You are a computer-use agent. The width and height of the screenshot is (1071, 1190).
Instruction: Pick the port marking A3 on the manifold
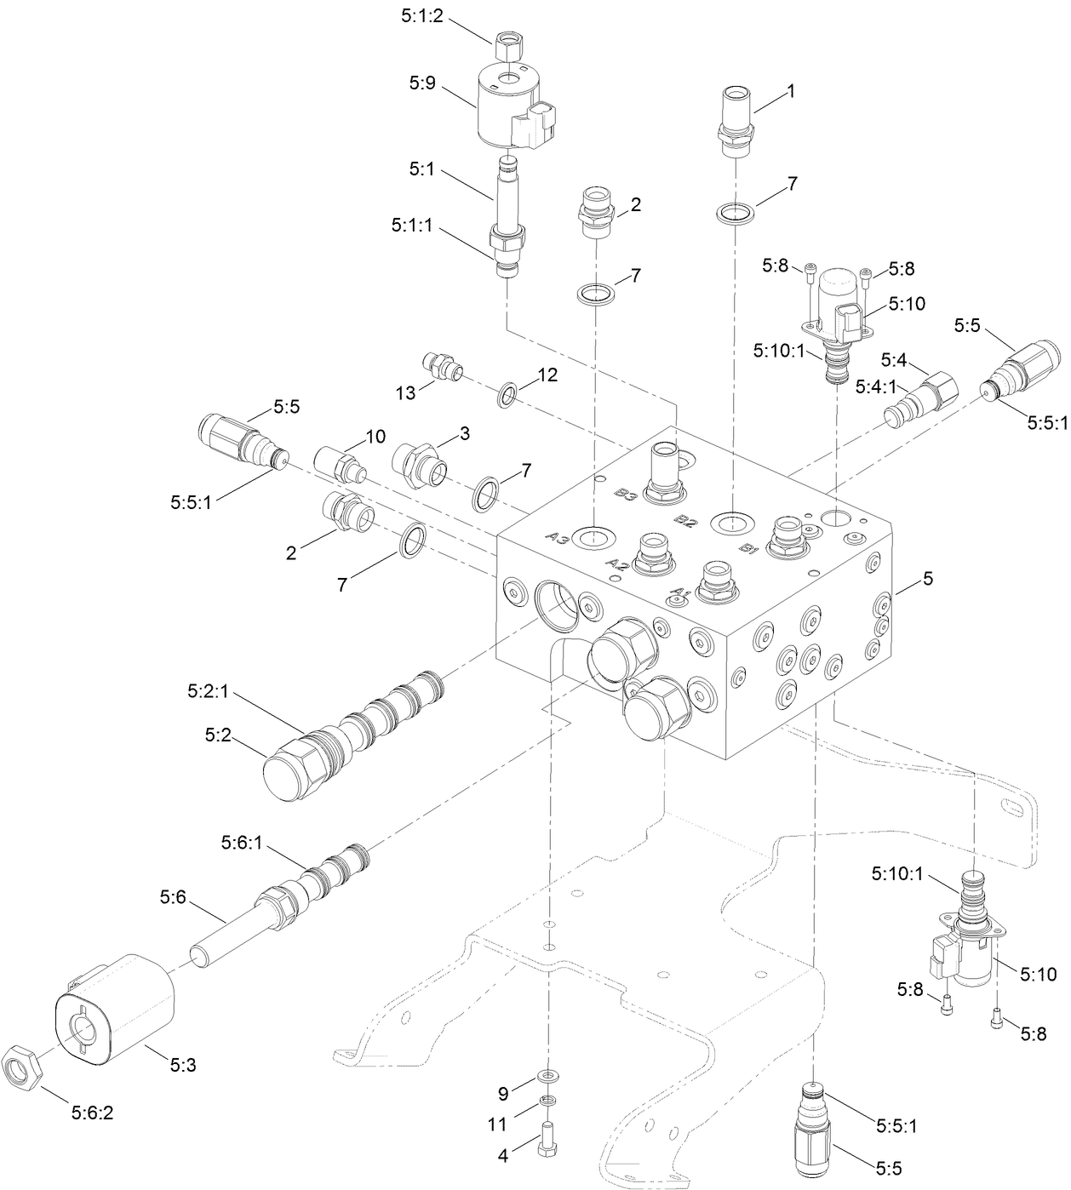click(558, 537)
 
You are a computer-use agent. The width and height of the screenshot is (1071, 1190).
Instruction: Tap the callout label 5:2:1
click(207, 693)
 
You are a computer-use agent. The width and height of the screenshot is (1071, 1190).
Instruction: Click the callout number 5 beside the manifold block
click(928, 578)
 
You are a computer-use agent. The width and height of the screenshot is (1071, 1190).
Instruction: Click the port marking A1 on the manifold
click(679, 592)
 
